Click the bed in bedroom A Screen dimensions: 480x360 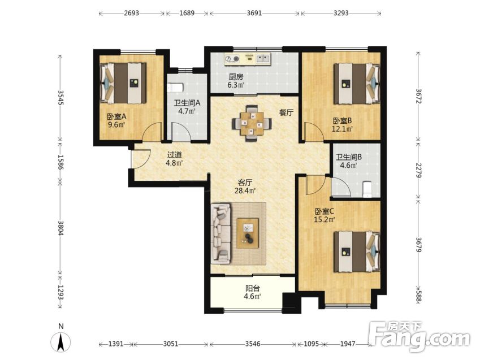(123, 83)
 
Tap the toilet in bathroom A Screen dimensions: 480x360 (175, 88)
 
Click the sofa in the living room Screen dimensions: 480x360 (221, 233)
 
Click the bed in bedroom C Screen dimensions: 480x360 (357, 251)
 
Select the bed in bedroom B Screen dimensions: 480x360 (357, 83)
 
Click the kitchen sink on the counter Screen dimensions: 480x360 (263, 58)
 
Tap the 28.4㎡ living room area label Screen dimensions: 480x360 (245, 191)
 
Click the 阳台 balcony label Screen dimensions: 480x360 (253, 288)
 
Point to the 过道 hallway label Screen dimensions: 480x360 (175, 155)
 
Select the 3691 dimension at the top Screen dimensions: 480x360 (254, 13)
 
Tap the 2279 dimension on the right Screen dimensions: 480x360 (419, 170)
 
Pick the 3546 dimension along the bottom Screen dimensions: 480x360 (253, 344)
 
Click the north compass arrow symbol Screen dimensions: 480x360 (61, 341)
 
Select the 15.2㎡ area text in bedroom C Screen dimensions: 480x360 (325, 219)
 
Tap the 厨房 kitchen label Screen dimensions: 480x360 (236, 76)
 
